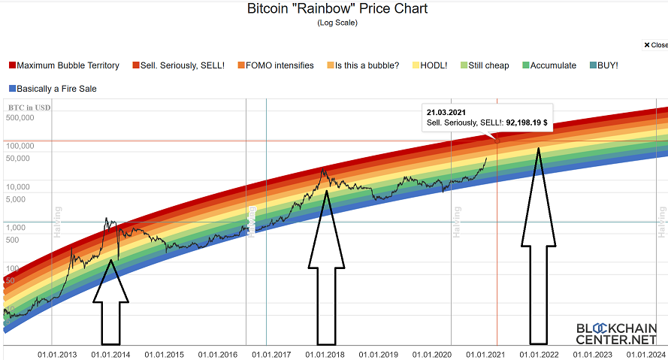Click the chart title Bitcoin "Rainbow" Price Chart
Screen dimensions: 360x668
point(337,9)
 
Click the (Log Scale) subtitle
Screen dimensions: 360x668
point(337,23)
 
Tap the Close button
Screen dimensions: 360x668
point(654,45)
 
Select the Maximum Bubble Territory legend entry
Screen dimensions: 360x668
point(68,65)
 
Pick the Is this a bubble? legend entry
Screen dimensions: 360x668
point(367,65)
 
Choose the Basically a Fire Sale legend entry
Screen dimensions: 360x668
point(56,89)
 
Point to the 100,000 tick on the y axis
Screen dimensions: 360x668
point(20,146)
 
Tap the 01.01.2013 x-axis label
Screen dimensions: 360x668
point(58,353)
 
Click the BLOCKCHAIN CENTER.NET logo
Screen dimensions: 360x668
point(616,334)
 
